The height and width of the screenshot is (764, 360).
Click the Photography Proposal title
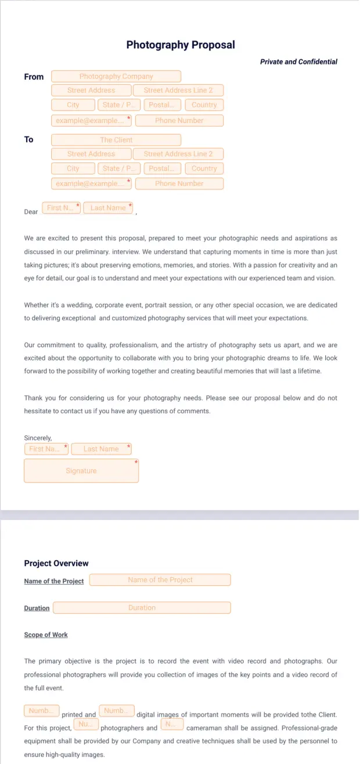pyautogui.click(x=181, y=45)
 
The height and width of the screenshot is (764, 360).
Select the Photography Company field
pyautogui.click(x=116, y=77)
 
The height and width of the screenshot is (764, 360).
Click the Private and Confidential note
pyautogui.click(x=298, y=62)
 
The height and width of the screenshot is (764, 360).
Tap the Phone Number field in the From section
pyautogui.click(x=179, y=121)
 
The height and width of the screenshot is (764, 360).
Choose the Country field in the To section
pyautogui.click(x=204, y=168)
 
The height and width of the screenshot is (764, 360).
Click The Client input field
pyautogui.click(x=116, y=140)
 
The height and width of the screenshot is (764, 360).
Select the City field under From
pyautogui.click(x=73, y=105)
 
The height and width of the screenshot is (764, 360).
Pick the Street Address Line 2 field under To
pyautogui.click(x=178, y=154)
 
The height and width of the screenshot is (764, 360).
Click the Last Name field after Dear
pyautogui.click(x=108, y=208)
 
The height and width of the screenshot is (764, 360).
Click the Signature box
pyautogui.click(x=81, y=471)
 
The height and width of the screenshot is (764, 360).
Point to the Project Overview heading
pyautogui.click(x=56, y=563)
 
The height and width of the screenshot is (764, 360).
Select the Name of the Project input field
pyautogui.click(x=160, y=580)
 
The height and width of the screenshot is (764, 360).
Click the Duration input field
pyautogui.click(x=142, y=608)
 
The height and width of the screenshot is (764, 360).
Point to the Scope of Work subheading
pyautogui.click(x=46, y=635)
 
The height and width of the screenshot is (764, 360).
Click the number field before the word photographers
pyautogui.click(x=86, y=725)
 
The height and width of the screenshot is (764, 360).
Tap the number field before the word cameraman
pyautogui.click(x=171, y=725)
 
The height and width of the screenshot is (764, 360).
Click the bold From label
pyautogui.click(x=34, y=77)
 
